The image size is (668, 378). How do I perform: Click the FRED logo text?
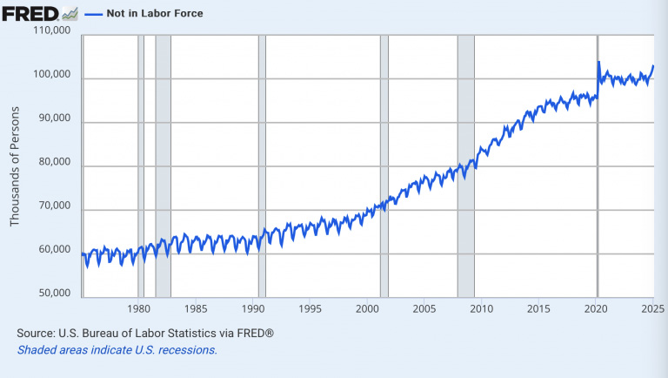(x=29, y=13)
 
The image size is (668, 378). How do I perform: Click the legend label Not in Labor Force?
(x=155, y=14)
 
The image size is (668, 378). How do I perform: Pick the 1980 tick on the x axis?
(x=139, y=309)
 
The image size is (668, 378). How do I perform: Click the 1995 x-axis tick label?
(x=311, y=309)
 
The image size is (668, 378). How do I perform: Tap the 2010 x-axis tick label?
(x=481, y=309)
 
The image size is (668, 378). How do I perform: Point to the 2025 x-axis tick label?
(x=652, y=309)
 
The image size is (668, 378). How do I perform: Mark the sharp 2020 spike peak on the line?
(x=598, y=62)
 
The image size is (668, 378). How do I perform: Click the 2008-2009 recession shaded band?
(x=465, y=165)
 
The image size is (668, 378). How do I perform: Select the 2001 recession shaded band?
(x=384, y=165)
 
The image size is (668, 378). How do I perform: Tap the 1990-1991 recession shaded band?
(x=262, y=165)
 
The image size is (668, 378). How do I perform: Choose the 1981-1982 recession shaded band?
(x=163, y=165)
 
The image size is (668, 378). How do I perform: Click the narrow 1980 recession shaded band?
(x=141, y=165)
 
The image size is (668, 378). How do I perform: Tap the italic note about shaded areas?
(x=117, y=350)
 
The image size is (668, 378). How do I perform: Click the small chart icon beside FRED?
(x=70, y=13)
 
